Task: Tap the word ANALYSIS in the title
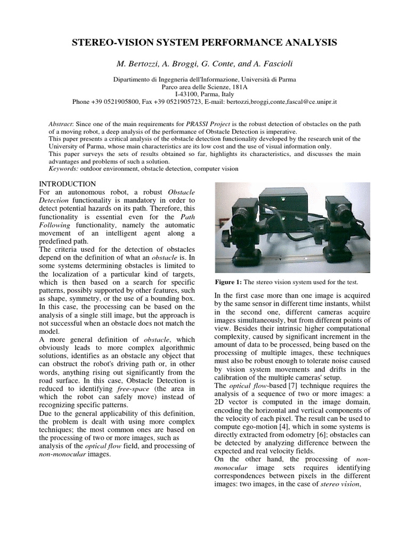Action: tap(308, 42)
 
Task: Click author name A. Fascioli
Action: tap(269, 64)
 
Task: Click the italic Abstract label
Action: tap(60, 124)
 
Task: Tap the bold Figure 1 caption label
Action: tap(228, 282)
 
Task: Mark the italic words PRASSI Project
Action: tap(205, 124)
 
